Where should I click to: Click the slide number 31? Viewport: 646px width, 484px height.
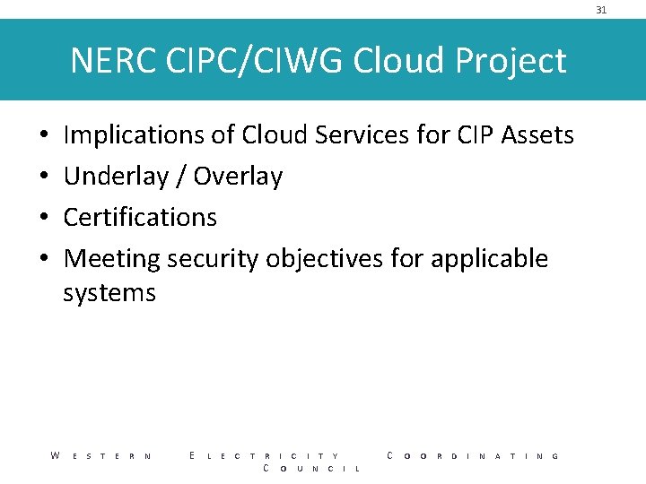[601, 10]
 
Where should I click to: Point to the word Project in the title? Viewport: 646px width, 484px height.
[511, 61]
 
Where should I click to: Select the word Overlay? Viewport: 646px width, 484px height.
[238, 177]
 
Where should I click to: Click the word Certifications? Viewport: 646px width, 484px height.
[141, 217]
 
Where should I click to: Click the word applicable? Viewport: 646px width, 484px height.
[489, 259]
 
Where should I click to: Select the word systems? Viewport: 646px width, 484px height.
[109, 293]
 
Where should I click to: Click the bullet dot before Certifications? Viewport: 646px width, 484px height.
[44, 218]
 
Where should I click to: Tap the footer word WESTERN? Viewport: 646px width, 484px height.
[100, 456]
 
